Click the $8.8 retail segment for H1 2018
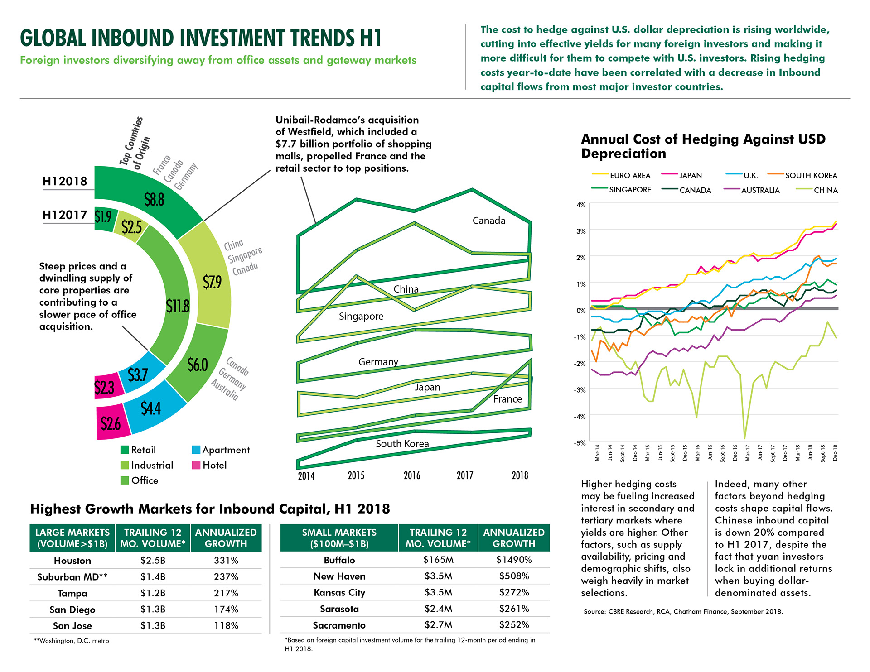coord(154,199)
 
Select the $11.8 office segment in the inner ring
coord(177,307)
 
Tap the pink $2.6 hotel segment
coord(111,424)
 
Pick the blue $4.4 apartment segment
coord(151,408)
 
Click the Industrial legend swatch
coord(125,465)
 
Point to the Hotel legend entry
coord(214,465)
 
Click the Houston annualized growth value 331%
coord(226,561)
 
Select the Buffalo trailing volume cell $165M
coord(438,560)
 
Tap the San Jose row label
coord(72,626)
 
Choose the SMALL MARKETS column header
coord(339,538)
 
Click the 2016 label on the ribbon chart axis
coord(412,475)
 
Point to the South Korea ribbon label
coord(402,444)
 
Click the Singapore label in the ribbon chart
coord(361,317)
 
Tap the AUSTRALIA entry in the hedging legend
coord(760,190)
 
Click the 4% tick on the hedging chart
coord(581,205)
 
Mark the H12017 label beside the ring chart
coord(65,215)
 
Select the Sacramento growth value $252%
coord(514,625)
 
